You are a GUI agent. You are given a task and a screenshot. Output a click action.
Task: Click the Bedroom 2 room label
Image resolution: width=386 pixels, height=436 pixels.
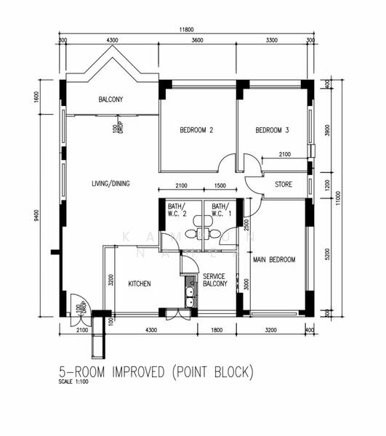[x=196, y=131]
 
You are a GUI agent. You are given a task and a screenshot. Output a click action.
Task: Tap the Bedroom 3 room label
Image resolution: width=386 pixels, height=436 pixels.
[x=273, y=131]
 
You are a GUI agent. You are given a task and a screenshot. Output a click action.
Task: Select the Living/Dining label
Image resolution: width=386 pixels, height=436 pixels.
[x=110, y=184]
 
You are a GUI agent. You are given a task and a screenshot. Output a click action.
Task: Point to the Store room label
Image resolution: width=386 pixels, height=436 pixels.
[x=284, y=185]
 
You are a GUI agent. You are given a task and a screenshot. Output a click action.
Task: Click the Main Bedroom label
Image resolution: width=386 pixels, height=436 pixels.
[x=274, y=259]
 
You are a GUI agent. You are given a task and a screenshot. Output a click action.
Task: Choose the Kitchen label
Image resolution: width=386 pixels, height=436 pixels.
[x=140, y=283]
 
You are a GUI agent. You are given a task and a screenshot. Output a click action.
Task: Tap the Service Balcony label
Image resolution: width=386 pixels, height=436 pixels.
[x=216, y=280]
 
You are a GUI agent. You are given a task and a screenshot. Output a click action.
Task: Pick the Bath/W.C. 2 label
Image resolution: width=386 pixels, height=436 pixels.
[x=177, y=210]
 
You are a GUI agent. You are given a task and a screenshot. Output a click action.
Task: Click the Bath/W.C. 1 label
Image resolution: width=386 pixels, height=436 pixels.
[x=221, y=210]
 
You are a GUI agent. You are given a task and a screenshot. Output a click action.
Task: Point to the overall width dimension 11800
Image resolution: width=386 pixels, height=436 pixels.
[x=187, y=30]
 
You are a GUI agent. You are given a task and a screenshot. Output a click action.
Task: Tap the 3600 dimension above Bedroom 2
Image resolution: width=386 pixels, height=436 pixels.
[x=197, y=41]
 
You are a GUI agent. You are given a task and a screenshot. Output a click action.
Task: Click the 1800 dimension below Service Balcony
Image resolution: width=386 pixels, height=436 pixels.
[x=217, y=331]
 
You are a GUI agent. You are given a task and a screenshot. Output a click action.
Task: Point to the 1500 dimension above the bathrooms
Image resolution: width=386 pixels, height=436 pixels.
[x=220, y=186]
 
